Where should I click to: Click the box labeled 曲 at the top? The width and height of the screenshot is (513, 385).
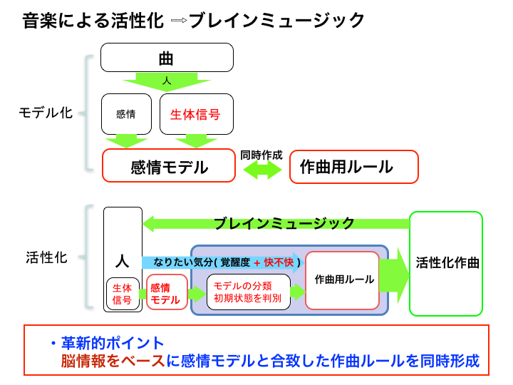(x=167, y=57)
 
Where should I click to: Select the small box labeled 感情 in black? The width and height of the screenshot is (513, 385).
(x=126, y=114)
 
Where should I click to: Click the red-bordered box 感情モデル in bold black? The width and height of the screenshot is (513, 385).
(x=169, y=167)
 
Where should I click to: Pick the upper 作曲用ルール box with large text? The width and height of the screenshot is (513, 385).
(x=353, y=167)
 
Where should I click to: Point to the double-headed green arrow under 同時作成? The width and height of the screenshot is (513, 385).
(x=261, y=170)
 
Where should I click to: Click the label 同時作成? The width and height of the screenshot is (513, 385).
(x=261, y=155)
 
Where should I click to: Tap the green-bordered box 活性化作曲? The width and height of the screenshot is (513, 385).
(x=446, y=263)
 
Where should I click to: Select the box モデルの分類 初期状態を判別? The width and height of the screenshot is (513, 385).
(x=248, y=292)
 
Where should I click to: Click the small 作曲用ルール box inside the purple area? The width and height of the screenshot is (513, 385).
(x=343, y=279)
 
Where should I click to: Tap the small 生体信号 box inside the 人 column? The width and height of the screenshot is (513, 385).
(x=123, y=294)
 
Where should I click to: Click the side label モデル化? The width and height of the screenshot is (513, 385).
(x=46, y=113)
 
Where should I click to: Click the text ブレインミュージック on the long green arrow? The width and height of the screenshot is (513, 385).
(x=284, y=223)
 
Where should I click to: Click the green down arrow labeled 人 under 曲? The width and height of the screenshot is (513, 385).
(x=167, y=81)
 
